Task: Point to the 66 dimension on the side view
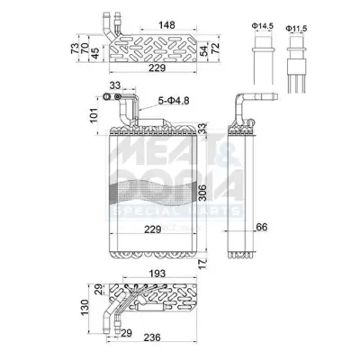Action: (x=260, y=226)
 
